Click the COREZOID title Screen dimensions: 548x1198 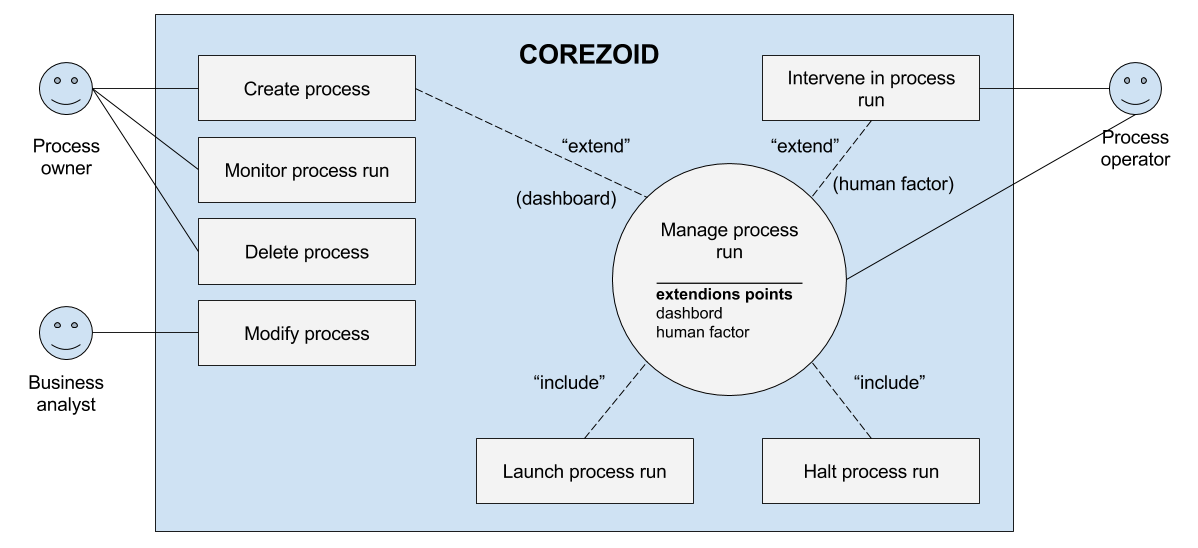click(x=589, y=54)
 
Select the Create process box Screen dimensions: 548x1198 click(x=306, y=89)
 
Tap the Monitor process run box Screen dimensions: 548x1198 click(x=306, y=171)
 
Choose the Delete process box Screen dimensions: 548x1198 click(x=306, y=252)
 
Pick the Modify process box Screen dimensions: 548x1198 click(x=306, y=333)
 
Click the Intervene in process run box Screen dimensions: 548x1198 click(x=870, y=88)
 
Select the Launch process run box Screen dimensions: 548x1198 click(x=584, y=471)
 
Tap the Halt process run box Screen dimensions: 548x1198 click(x=870, y=471)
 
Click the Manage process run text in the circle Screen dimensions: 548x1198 click(x=729, y=241)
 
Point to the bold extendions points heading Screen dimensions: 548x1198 click(x=724, y=295)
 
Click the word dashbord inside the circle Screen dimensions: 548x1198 click(x=689, y=313)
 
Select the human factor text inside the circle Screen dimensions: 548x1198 click(x=702, y=332)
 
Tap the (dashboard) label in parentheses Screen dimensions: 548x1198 click(x=565, y=198)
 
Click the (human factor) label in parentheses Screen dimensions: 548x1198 click(x=893, y=184)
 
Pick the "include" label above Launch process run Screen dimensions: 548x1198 click(x=570, y=382)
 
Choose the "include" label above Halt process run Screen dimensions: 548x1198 click(x=889, y=382)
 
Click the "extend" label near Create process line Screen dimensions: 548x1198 click(x=596, y=146)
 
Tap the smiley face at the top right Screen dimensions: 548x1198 click(x=1135, y=88)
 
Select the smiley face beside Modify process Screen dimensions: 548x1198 click(x=66, y=333)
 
